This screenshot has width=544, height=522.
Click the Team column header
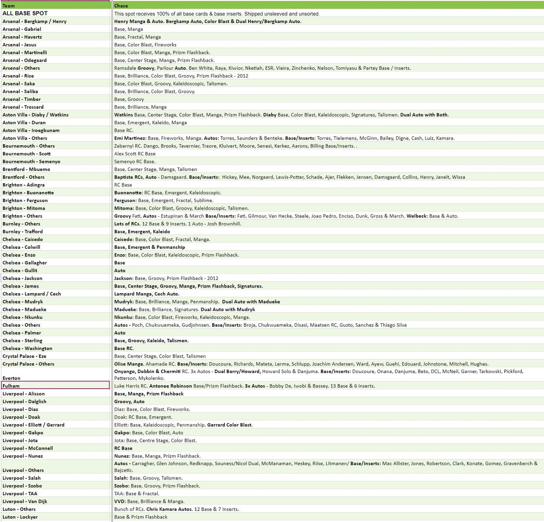click(x=9, y=6)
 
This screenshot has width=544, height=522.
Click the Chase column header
click(x=121, y=6)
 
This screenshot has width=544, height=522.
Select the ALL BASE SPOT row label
click(x=25, y=13)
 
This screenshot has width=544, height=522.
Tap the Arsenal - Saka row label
click(x=18, y=84)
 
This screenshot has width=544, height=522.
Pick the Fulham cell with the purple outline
click(x=55, y=386)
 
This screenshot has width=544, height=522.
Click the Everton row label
click(x=11, y=378)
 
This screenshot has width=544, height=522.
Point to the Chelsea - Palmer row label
click(x=22, y=333)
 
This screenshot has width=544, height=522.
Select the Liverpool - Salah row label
click(x=21, y=478)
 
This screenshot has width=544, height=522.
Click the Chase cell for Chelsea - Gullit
click(x=120, y=271)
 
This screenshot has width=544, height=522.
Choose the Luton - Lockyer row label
click(x=20, y=517)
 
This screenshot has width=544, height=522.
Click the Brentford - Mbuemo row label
click(x=26, y=169)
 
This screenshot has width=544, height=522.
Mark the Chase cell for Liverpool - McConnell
click(x=123, y=448)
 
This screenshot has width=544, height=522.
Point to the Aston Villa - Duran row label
click(x=24, y=123)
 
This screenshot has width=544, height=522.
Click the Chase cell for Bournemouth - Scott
click(x=135, y=154)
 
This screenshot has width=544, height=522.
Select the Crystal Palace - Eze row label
click(x=24, y=356)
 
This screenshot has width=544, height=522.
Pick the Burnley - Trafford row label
click(x=23, y=231)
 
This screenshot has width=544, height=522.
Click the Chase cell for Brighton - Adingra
click(x=123, y=185)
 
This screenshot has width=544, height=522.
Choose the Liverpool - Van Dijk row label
click(x=25, y=501)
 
